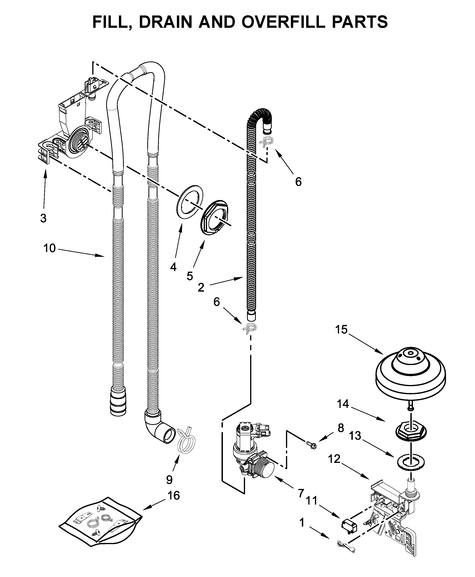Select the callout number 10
click(50, 248)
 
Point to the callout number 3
click(43, 218)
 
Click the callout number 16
click(174, 496)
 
